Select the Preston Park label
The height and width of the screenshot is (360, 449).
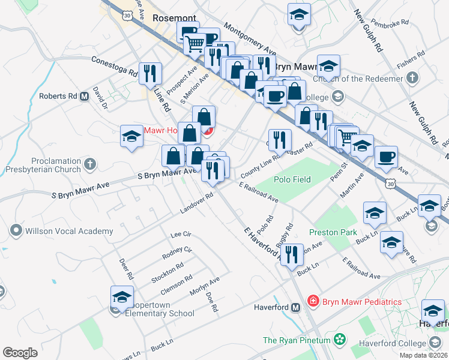click(333, 232)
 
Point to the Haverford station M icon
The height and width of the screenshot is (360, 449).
click(295, 308)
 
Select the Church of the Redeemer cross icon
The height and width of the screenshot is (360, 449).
click(412, 77)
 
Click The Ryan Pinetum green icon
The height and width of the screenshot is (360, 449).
click(340, 340)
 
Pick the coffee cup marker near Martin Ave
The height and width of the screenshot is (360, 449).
click(386, 157)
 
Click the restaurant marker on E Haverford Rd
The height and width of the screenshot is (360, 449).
click(291, 255)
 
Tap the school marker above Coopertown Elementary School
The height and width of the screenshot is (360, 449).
click(122, 298)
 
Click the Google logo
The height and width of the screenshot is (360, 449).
click(20, 353)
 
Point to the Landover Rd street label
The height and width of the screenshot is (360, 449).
click(196, 203)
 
